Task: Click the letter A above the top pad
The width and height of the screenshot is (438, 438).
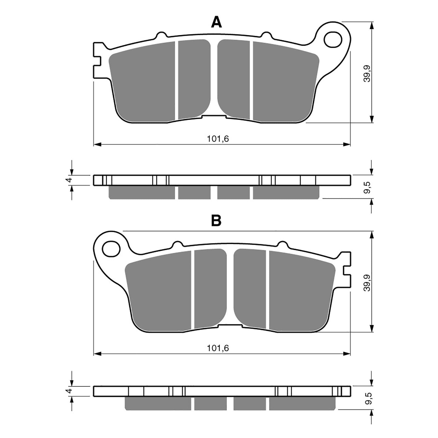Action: tap(216, 22)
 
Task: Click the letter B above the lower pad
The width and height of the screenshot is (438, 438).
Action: tap(216, 220)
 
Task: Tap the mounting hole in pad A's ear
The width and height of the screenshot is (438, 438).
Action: tap(333, 40)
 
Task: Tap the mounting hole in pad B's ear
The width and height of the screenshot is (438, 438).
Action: tap(111, 249)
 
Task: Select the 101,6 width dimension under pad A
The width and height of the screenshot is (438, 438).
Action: tap(218, 139)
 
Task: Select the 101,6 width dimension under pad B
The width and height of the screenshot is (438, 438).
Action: tap(218, 348)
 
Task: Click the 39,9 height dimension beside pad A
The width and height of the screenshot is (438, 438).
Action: tap(367, 73)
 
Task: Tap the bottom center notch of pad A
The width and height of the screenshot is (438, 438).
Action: tap(214, 117)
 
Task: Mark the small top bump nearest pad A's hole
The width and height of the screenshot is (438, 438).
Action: tap(266, 35)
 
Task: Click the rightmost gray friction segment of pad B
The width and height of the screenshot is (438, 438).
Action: tap(301, 290)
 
